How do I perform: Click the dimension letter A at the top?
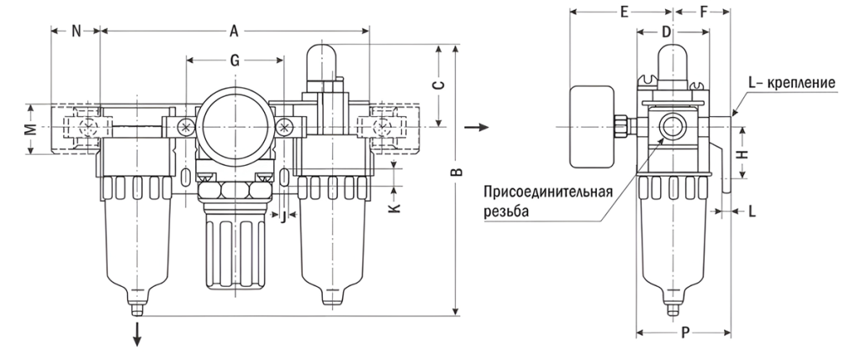point(235,32)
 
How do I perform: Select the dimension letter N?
point(76,32)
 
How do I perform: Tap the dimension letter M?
point(29,130)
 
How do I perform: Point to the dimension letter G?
point(235,60)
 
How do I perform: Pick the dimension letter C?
point(437,85)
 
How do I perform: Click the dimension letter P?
point(684,332)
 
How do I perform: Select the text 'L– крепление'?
point(790,84)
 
